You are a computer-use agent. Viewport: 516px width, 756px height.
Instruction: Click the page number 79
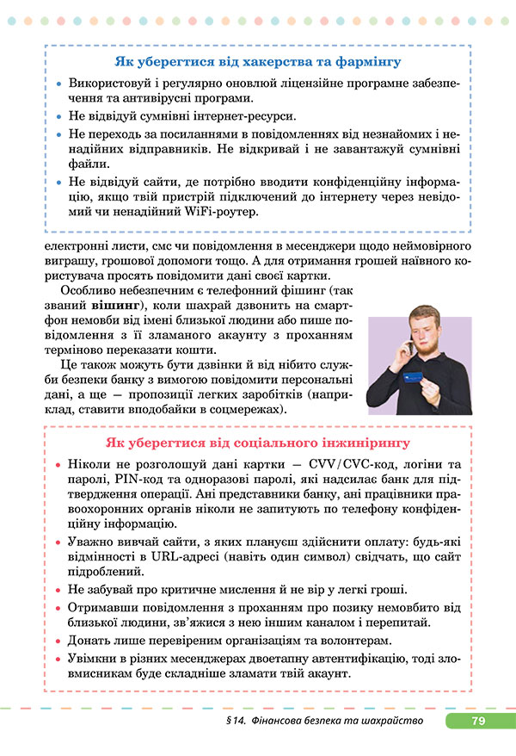(x=479, y=721)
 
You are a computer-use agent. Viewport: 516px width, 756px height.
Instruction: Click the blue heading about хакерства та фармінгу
(x=257, y=62)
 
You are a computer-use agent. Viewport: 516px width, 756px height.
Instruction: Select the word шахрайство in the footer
(x=390, y=721)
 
